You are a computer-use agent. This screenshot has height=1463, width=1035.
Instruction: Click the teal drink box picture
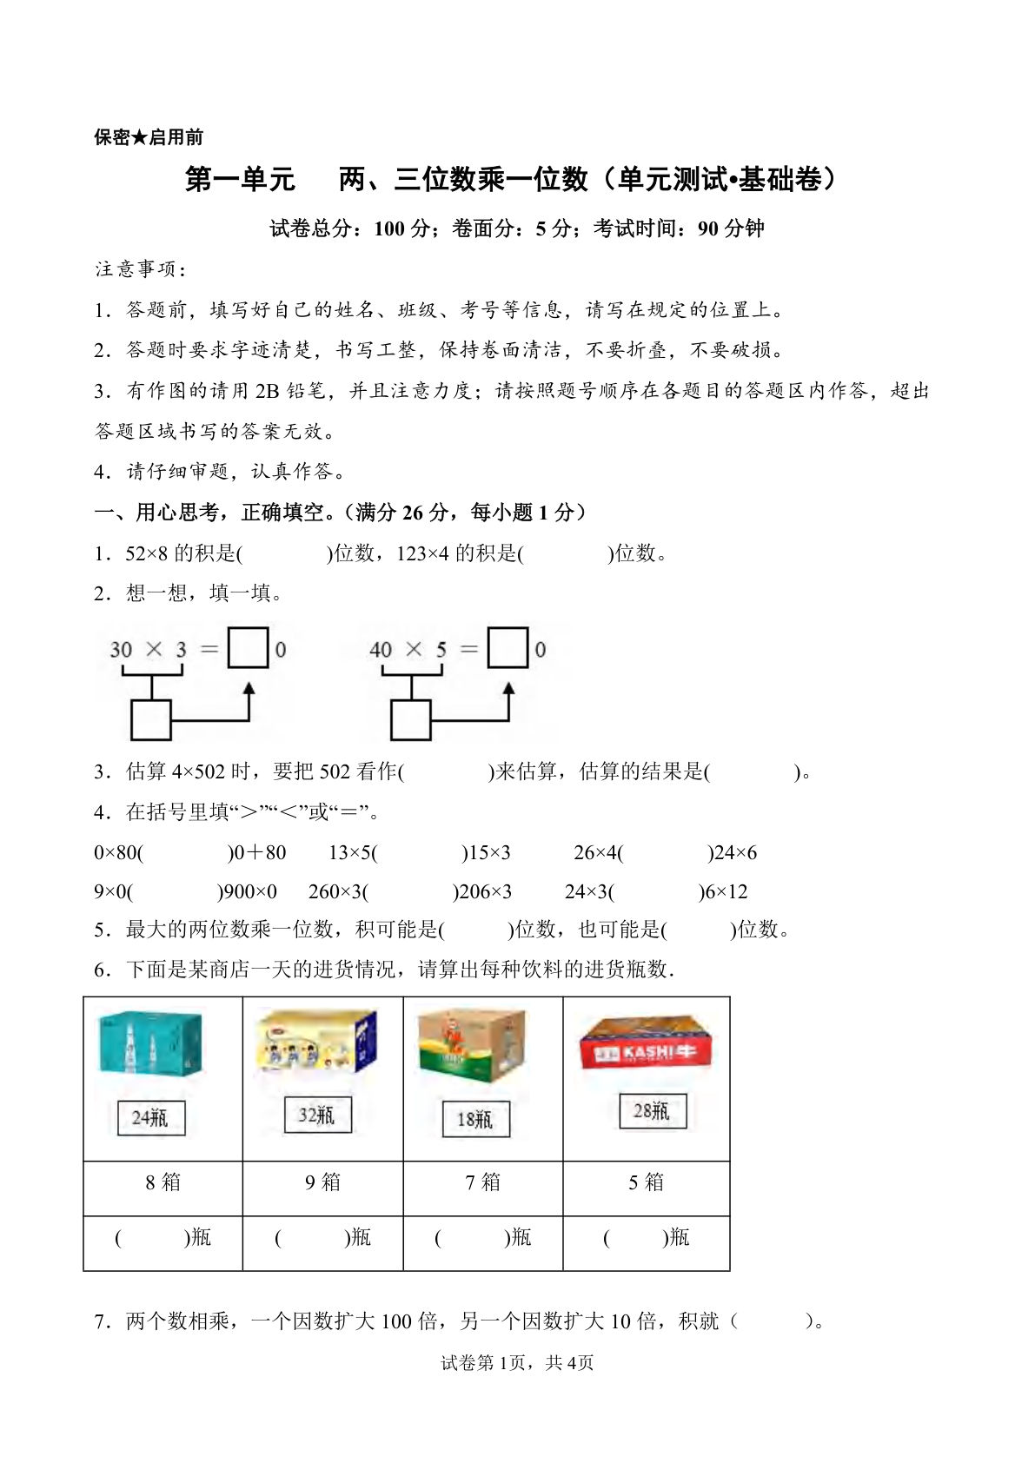(x=150, y=1043)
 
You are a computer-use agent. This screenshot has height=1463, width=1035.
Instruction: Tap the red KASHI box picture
(x=645, y=1043)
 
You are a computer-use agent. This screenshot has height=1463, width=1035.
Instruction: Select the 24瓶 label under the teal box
(x=151, y=1117)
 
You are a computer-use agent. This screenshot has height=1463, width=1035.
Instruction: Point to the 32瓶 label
(x=318, y=1115)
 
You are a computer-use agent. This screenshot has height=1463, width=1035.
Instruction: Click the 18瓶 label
(x=475, y=1119)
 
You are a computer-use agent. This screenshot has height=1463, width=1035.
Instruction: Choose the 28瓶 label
(x=653, y=1111)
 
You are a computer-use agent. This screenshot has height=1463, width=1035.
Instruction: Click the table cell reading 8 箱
(x=163, y=1182)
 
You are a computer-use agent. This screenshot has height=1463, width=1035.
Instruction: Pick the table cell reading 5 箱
(x=646, y=1182)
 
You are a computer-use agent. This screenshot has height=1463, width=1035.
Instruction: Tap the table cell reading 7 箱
(x=482, y=1182)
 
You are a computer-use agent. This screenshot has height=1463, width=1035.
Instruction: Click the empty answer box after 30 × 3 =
(x=248, y=648)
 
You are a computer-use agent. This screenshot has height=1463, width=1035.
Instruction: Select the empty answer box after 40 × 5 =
(x=508, y=648)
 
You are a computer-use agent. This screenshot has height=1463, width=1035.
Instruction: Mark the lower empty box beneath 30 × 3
(x=150, y=720)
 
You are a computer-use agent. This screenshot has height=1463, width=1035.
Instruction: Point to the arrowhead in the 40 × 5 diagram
(x=509, y=689)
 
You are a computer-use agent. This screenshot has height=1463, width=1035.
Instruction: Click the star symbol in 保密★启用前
(x=139, y=137)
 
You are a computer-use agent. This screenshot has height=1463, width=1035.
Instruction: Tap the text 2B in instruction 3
(x=267, y=391)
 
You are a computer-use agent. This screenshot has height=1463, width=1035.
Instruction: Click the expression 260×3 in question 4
(x=335, y=891)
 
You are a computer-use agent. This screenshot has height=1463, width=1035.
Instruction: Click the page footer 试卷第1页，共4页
(x=517, y=1363)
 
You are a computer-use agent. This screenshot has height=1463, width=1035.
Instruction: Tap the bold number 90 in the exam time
(x=707, y=228)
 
